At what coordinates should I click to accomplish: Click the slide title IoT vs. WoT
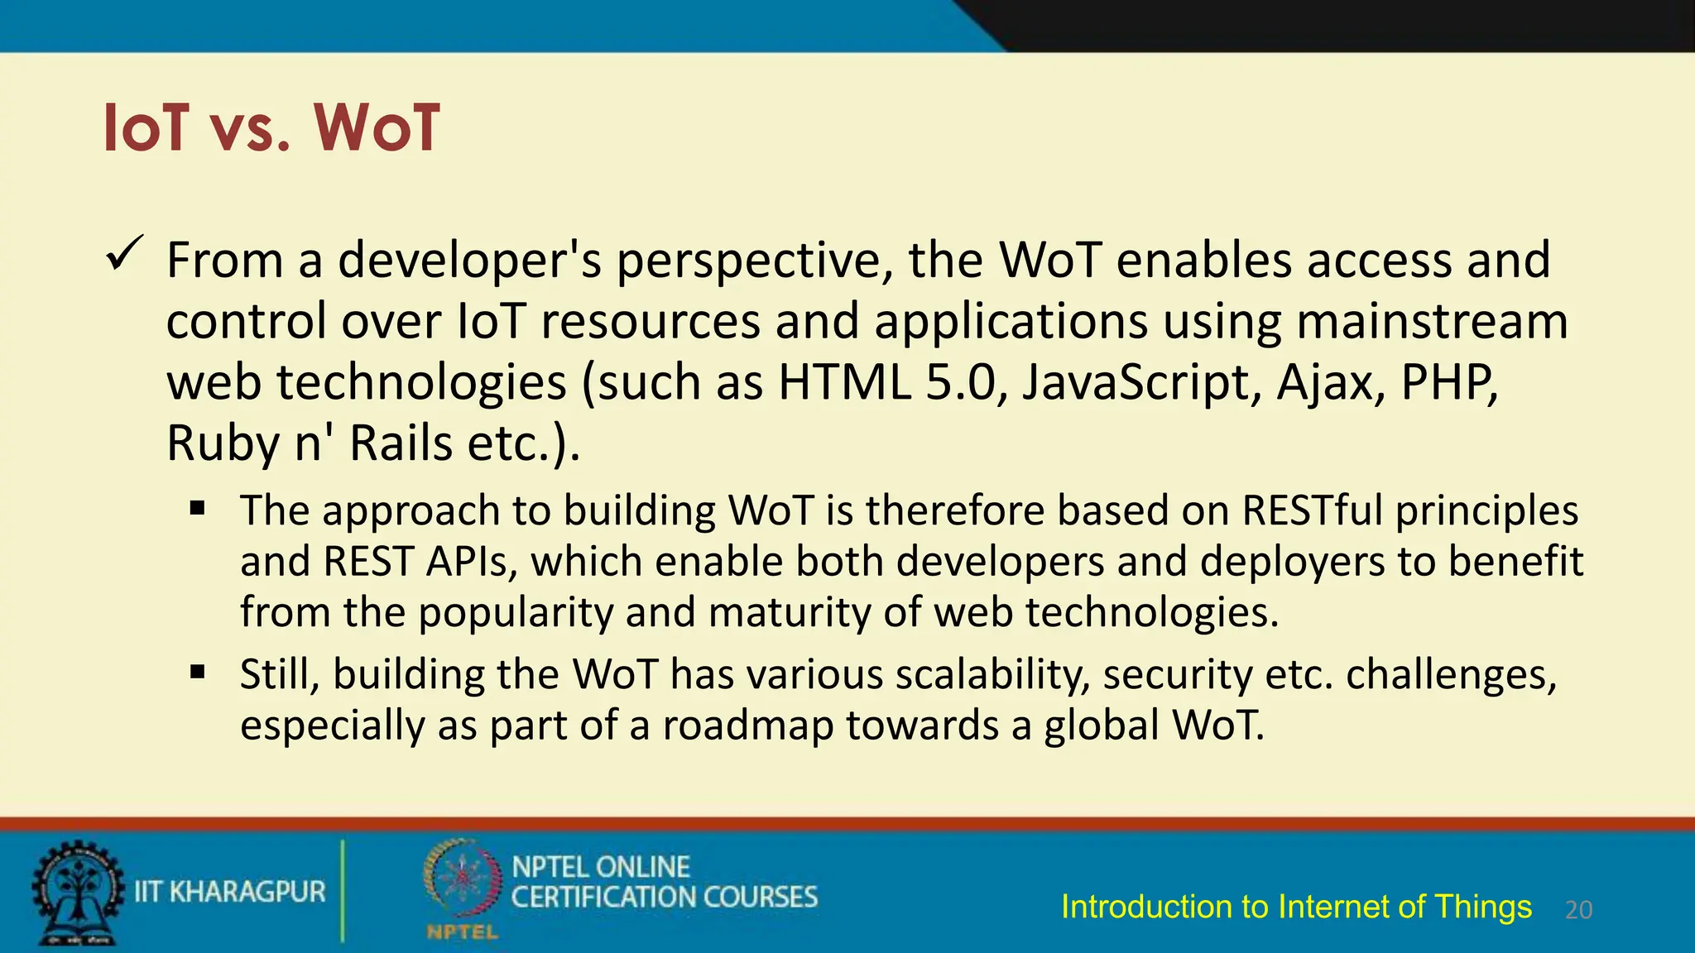click(x=271, y=128)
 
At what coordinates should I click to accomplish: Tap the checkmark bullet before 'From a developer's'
click(x=126, y=255)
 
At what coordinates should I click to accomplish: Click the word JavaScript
click(x=1140, y=383)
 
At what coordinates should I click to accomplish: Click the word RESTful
click(x=1312, y=510)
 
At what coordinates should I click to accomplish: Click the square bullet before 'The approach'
click(x=197, y=508)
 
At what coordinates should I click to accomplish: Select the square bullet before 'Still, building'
click(x=197, y=672)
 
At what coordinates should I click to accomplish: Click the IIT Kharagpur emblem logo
click(x=77, y=892)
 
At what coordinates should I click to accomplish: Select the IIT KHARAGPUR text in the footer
click(x=230, y=892)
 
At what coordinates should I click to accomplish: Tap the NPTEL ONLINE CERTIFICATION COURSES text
click(x=664, y=882)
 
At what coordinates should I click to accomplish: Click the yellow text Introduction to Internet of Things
click(x=1296, y=907)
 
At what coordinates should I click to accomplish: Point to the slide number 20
click(x=1578, y=910)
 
